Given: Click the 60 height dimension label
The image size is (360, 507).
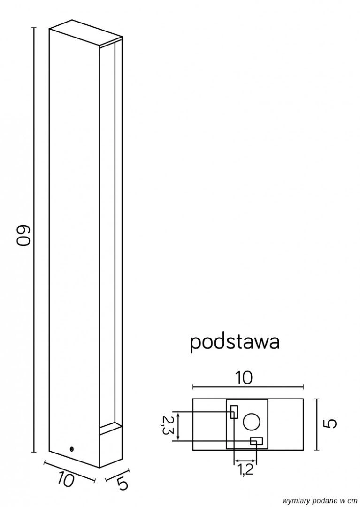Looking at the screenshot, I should pyautogui.click(x=24, y=237).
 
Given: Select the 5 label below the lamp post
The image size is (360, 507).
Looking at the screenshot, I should pyautogui.click(x=123, y=484).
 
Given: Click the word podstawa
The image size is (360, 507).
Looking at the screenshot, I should pyautogui.click(x=235, y=342).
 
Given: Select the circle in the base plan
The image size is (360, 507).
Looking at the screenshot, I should pyautogui.click(x=251, y=422).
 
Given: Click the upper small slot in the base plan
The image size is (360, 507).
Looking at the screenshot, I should pyautogui.click(x=234, y=411).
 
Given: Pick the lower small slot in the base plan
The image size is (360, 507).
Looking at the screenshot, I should pyautogui.click(x=256, y=441).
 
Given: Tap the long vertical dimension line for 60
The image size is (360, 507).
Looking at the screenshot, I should pyautogui.click(x=34, y=239).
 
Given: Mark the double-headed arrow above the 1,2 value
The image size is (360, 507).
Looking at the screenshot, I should pyautogui.click(x=245, y=460).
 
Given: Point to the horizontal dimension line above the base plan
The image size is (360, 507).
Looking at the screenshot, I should pyautogui.click(x=248, y=388).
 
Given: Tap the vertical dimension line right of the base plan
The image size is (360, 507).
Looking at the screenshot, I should pyautogui.click(x=317, y=424).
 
